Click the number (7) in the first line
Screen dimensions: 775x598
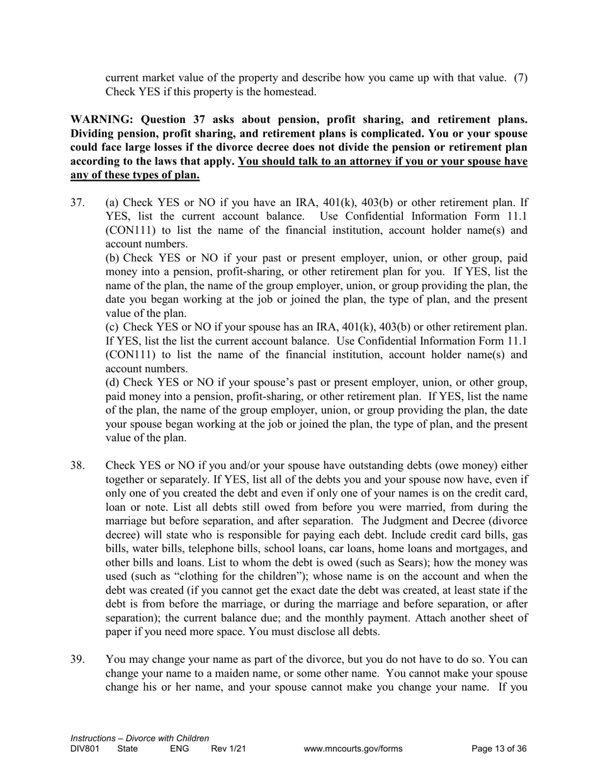tap(520, 78)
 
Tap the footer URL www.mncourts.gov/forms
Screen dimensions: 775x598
tap(353, 749)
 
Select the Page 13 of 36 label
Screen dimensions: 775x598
tap(499, 749)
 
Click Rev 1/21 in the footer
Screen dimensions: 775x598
tap(228, 749)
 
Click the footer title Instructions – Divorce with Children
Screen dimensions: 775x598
tap(140, 738)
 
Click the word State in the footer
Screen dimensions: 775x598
tap(127, 749)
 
